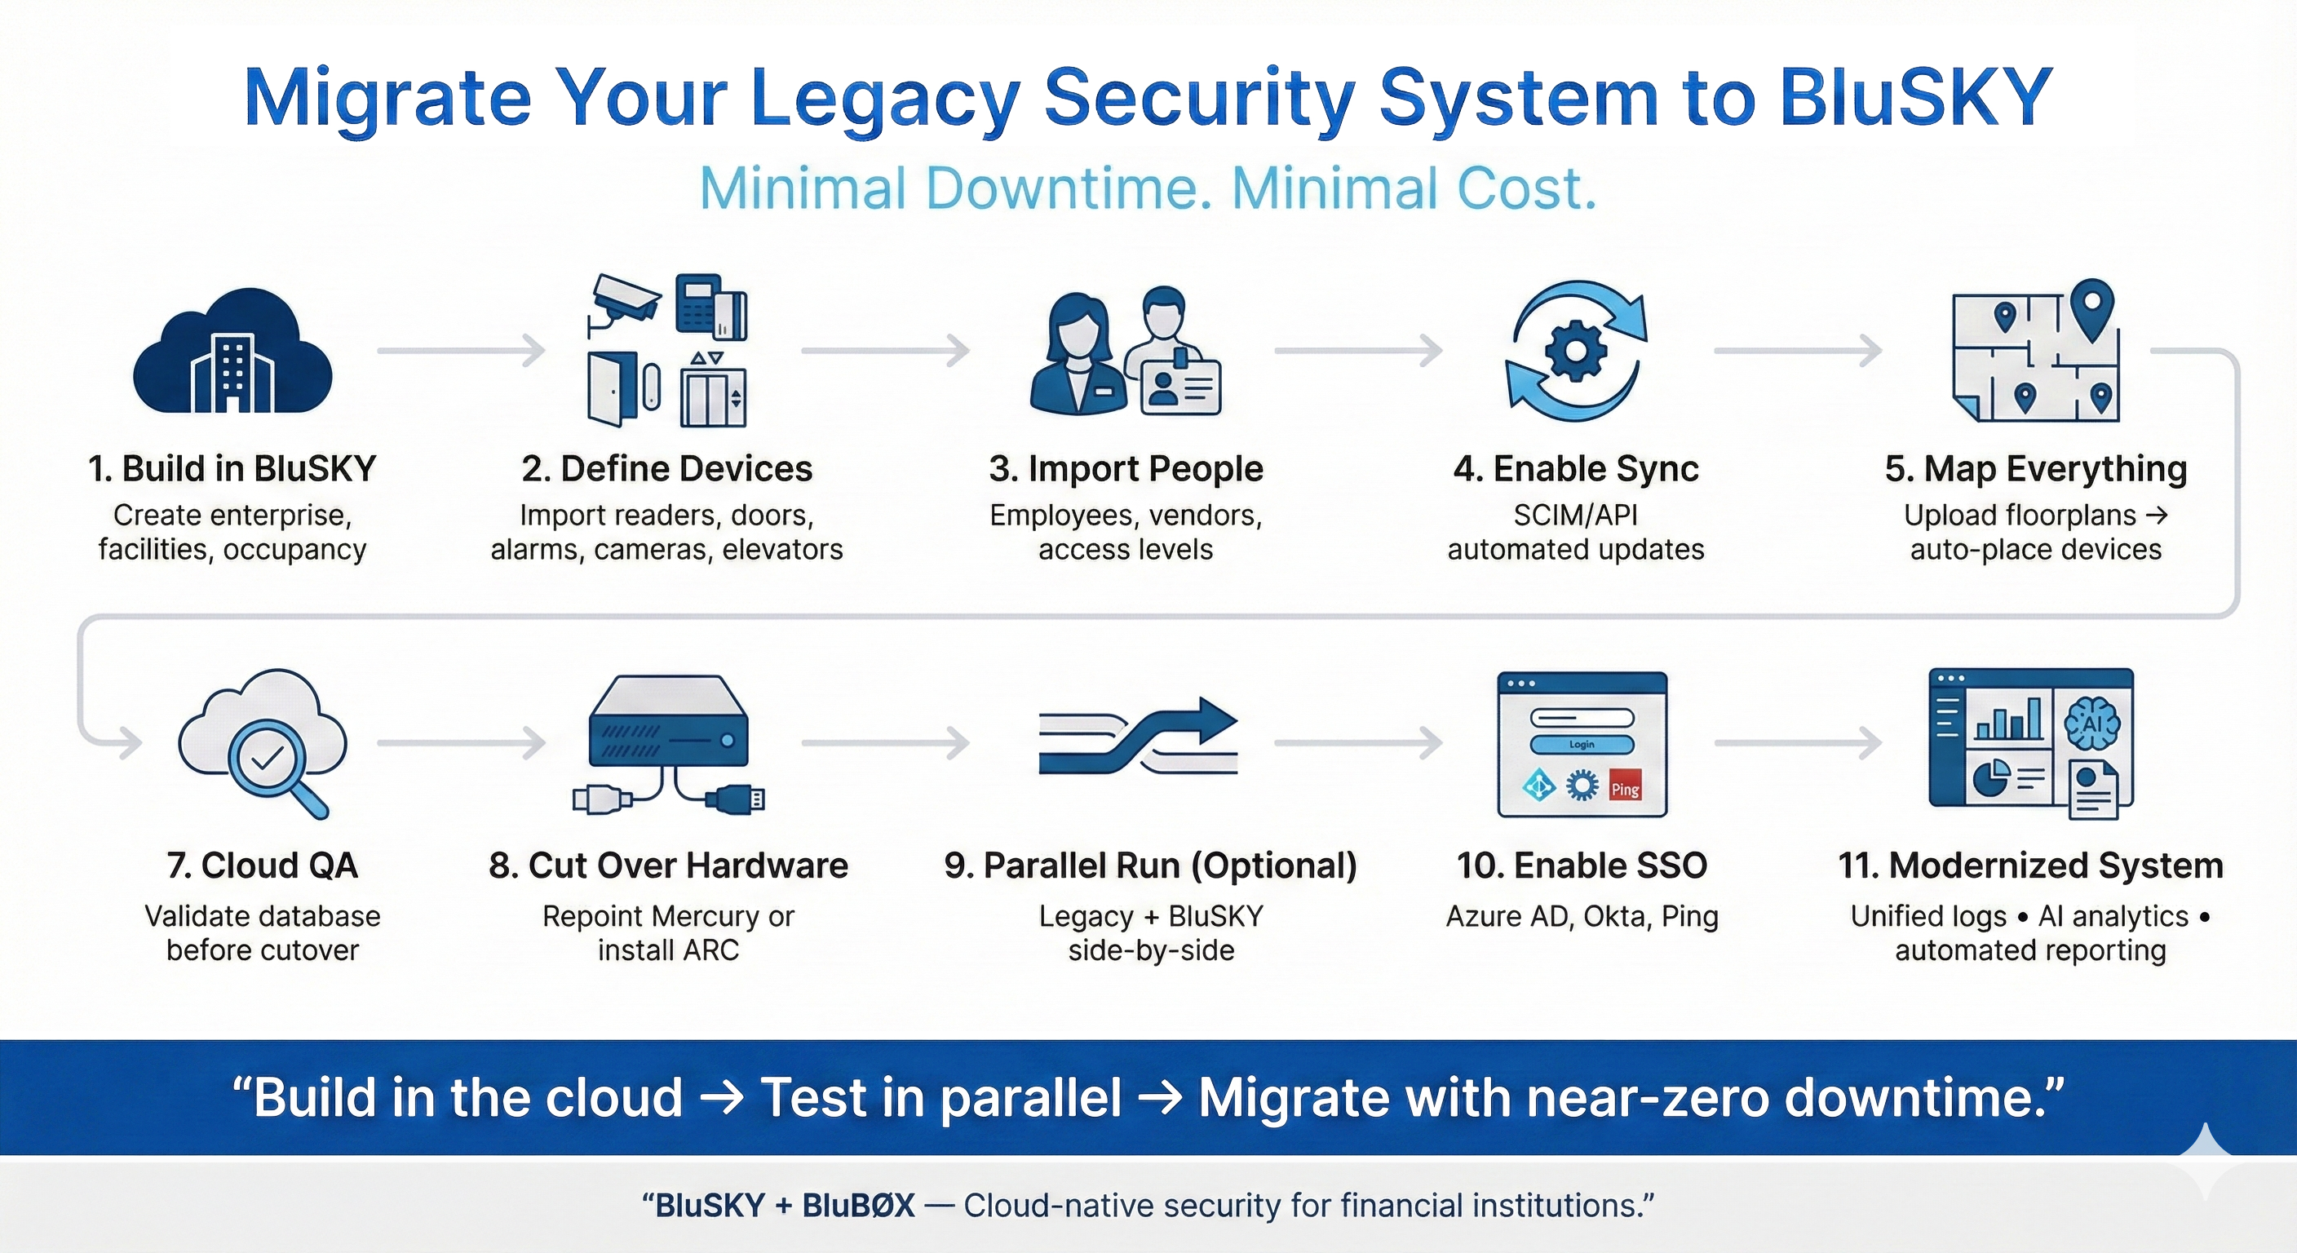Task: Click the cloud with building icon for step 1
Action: click(232, 352)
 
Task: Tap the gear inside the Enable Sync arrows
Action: click(1576, 351)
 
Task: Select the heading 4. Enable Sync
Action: click(1576, 468)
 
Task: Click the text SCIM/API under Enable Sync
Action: click(1576, 516)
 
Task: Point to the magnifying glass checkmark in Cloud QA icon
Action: click(268, 758)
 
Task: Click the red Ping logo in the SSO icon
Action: click(1625, 788)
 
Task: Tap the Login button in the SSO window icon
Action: click(1582, 745)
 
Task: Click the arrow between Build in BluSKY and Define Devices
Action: click(461, 351)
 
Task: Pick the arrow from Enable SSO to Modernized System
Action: click(1798, 742)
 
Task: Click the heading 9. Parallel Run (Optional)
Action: click(1150, 865)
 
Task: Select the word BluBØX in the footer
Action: click(858, 1206)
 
